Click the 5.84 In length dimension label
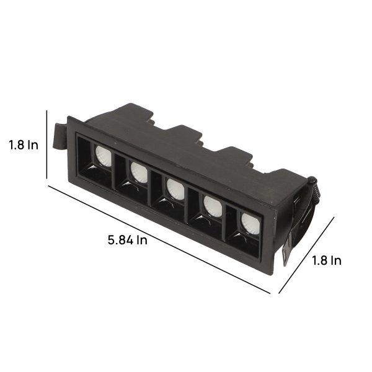[127, 240]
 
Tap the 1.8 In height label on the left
[24, 144]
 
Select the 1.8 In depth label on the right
[327, 260]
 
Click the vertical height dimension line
[46, 144]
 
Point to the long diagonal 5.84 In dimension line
[159, 239]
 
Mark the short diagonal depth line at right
[306, 255]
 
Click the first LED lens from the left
[104, 156]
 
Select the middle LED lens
[175, 189]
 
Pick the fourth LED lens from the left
[213, 206]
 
